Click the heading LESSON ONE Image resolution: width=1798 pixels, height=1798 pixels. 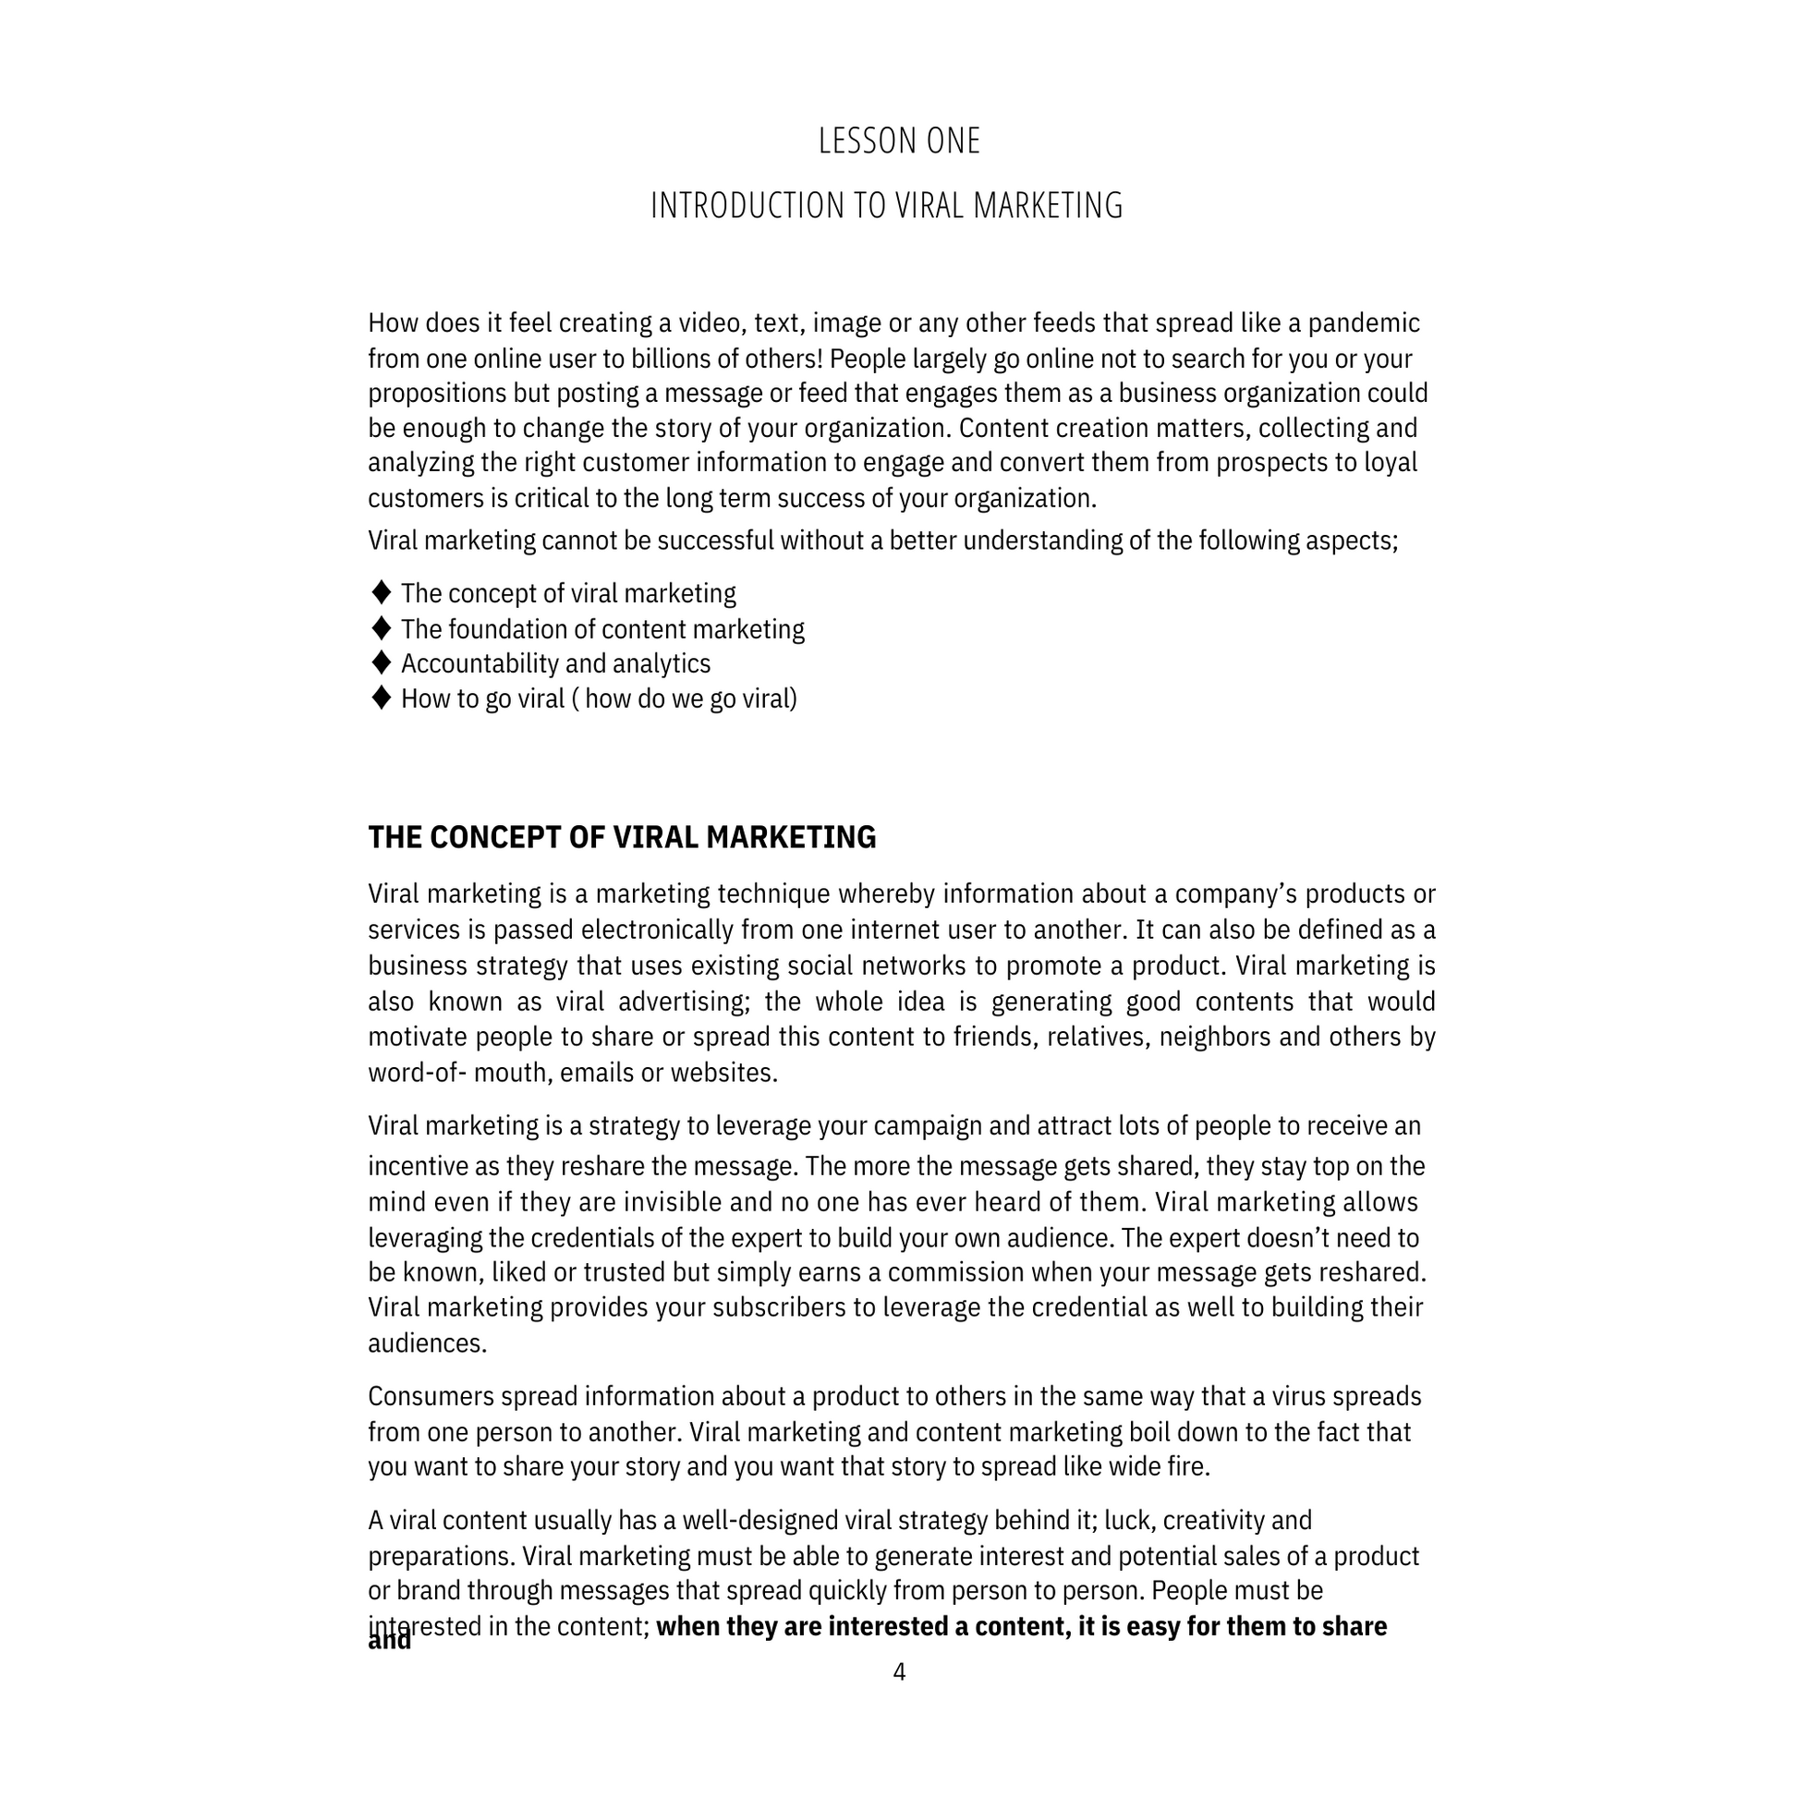(899, 141)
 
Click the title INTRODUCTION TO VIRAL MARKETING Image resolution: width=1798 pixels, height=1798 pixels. (886, 206)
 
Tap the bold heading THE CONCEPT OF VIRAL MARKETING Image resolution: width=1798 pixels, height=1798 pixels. (622, 838)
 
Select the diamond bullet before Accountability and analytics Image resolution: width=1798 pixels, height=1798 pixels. (381, 662)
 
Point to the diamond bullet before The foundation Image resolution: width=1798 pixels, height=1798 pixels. (381, 628)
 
